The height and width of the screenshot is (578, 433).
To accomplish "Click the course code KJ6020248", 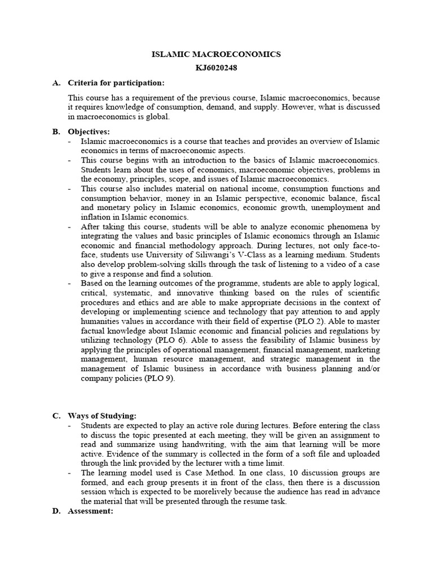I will click(x=216, y=68).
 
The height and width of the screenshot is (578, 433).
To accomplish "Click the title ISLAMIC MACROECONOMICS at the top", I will click(x=216, y=54).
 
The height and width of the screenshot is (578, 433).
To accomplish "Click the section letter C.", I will click(x=56, y=415).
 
